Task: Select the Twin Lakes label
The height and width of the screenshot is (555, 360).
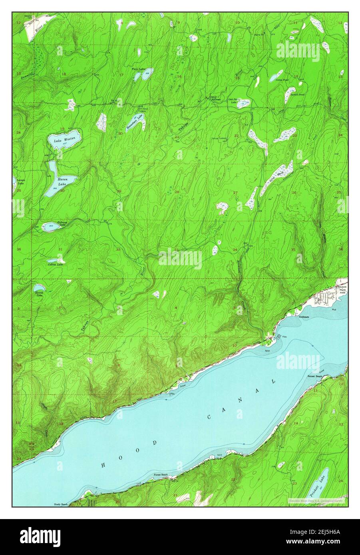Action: pos(139,69)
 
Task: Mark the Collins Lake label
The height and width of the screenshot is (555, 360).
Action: pos(56,264)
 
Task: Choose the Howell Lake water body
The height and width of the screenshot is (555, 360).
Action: pos(39,287)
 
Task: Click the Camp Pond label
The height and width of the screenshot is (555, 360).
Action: pos(282,79)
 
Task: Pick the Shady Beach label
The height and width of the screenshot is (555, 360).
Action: pos(61,504)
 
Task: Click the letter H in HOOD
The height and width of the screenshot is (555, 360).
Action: pos(103,465)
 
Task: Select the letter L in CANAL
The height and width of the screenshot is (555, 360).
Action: pos(274,381)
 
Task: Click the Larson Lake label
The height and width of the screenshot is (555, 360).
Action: pos(21,182)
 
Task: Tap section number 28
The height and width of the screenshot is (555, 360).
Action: pos(176,192)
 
